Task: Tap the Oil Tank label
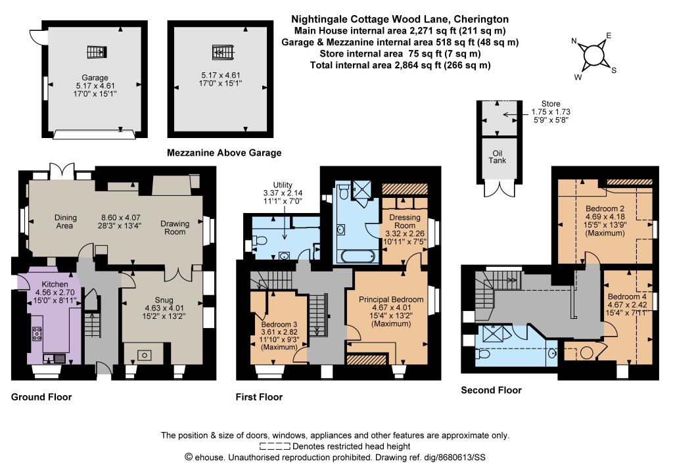[497, 156]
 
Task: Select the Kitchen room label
[55, 284]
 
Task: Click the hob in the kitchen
[37, 333]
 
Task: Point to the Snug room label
[164, 300]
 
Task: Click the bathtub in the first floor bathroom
[358, 256]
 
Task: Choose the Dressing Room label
[405, 221]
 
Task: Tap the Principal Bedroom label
[391, 300]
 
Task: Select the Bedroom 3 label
[279, 325]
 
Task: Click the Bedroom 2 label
[605, 209]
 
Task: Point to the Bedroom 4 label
[627, 297]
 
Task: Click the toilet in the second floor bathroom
[483, 354]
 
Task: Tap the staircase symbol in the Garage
[97, 52]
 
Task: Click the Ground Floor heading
[41, 397]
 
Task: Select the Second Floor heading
[491, 390]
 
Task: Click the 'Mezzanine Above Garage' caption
[224, 153]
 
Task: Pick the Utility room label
[283, 185]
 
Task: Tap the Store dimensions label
[551, 112]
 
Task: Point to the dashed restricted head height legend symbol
[275, 446]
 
